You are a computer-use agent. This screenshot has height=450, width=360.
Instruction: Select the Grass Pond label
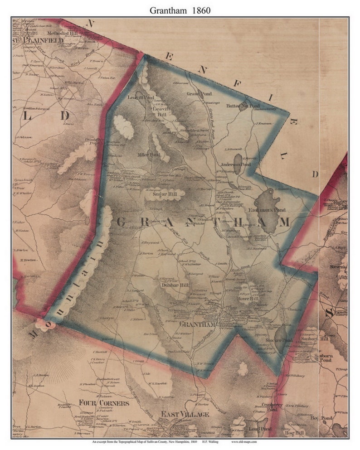coord(193,94)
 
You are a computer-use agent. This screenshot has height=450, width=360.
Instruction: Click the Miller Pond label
coord(149,155)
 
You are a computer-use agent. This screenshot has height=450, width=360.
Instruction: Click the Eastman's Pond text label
coord(261,210)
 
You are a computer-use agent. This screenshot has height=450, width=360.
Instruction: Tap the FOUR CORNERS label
coord(99,402)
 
